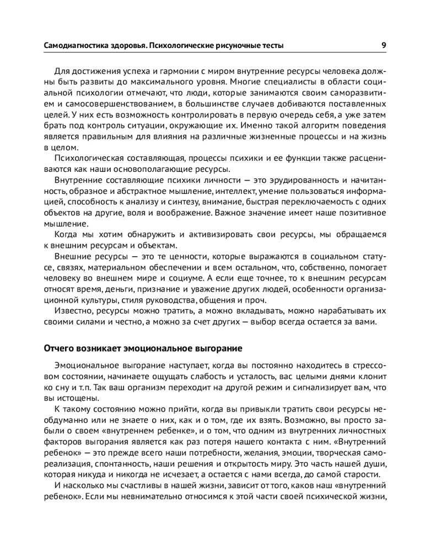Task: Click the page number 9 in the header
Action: click(x=383, y=45)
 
